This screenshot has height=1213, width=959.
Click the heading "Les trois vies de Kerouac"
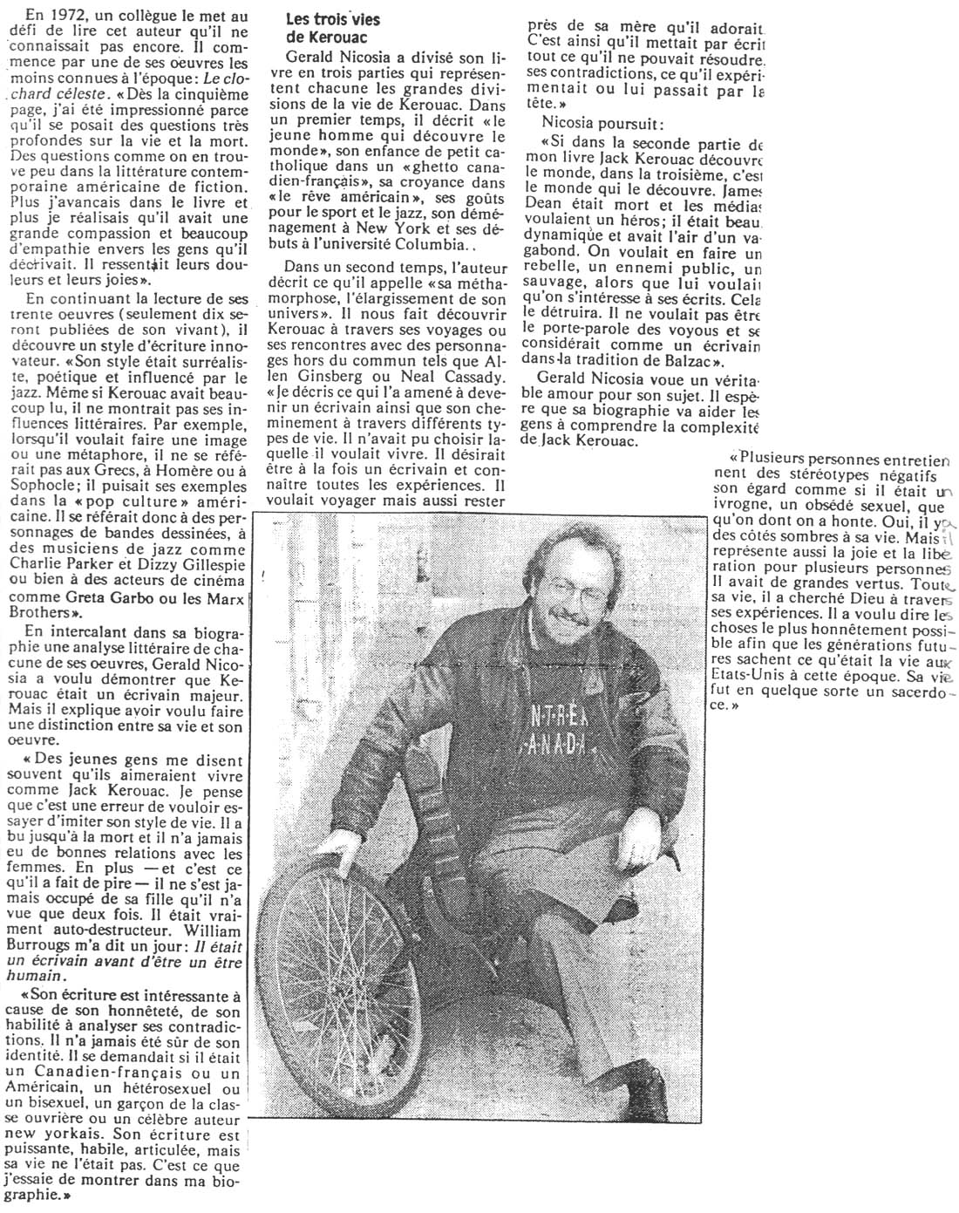(333, 27)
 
